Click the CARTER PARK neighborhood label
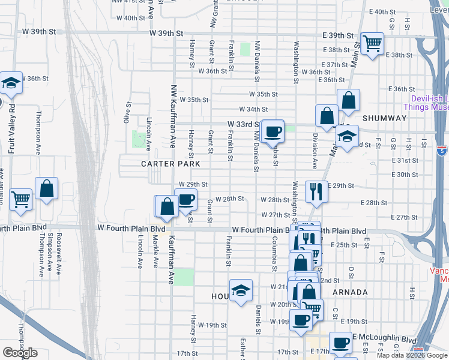coord(170,163)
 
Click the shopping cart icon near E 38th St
coord(373,43)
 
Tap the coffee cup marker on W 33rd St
coord(273,130)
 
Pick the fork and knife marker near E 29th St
coord(316,191)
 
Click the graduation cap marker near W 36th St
coord(11,83)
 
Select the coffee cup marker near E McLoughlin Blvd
coord(340,343)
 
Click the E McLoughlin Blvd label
coord(379,338)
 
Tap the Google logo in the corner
coord(20,353)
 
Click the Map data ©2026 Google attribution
coord(412,355)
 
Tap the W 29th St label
coord(193,184)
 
